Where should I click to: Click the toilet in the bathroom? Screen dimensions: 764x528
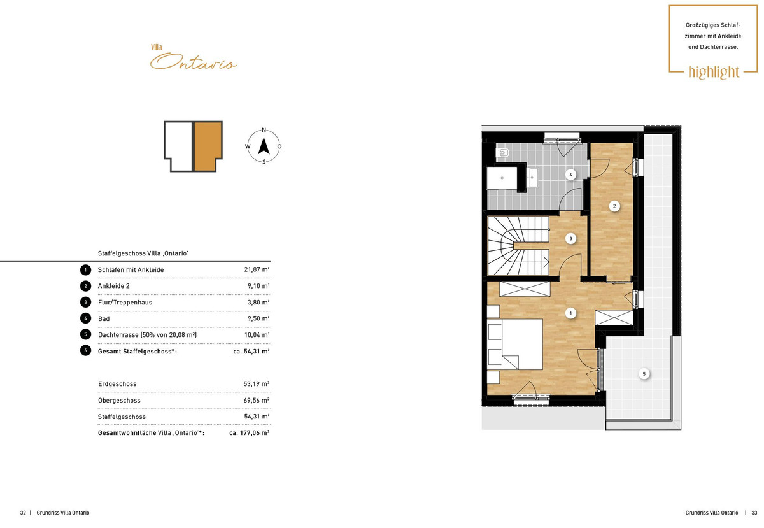(502, 153)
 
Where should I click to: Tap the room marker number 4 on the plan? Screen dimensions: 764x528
(570, 175)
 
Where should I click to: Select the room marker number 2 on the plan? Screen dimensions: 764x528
(614, 206)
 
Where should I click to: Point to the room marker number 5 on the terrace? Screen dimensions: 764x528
(644, 374)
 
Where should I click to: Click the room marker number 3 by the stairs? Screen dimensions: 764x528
(570, 239)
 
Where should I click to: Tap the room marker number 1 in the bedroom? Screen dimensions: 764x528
(570, 313)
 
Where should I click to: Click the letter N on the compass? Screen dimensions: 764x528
(264, 130)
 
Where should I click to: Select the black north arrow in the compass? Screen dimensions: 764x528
(264, 146)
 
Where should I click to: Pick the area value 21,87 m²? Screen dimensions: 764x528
(257, 269)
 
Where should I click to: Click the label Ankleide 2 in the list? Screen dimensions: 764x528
(113, 286)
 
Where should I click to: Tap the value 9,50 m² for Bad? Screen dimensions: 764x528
(258, 318)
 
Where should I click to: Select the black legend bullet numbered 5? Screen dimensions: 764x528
(85, 334)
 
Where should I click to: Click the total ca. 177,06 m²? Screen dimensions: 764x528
(250, 432)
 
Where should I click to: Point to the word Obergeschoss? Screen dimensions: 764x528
(119, 401)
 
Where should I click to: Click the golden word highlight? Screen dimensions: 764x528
(714, 73)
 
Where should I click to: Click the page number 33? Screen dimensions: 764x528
(754, 513)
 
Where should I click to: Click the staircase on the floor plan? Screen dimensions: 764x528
(518, 246)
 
